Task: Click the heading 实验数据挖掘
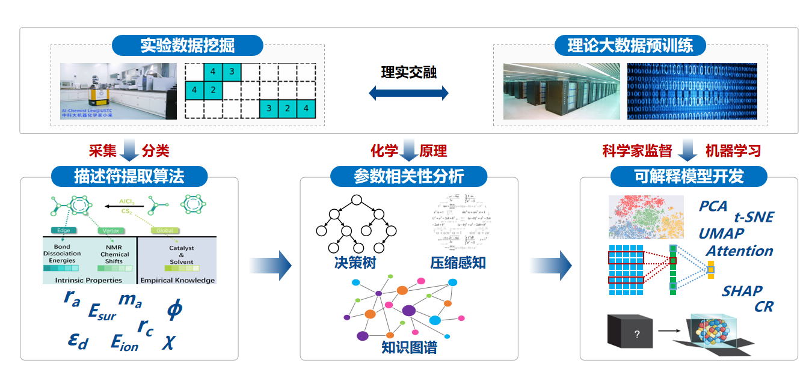[x=187, y=46]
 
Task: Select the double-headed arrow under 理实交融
[x=408, y=93]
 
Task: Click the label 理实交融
[x=408, y=73]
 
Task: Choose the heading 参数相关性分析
[x=408, y=176]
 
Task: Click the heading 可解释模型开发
[x=689, y=176]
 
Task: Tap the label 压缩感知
[x=458, y=263]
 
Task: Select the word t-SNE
[x=754, y=218]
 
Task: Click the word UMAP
[x=721, y=234]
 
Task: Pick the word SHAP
[x=742, y=291]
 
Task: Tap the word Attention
[x=739, y=251]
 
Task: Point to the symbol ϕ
[x=174, y=309]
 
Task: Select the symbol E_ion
[x=125, y=343]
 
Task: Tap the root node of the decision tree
[x=357, y=200]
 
